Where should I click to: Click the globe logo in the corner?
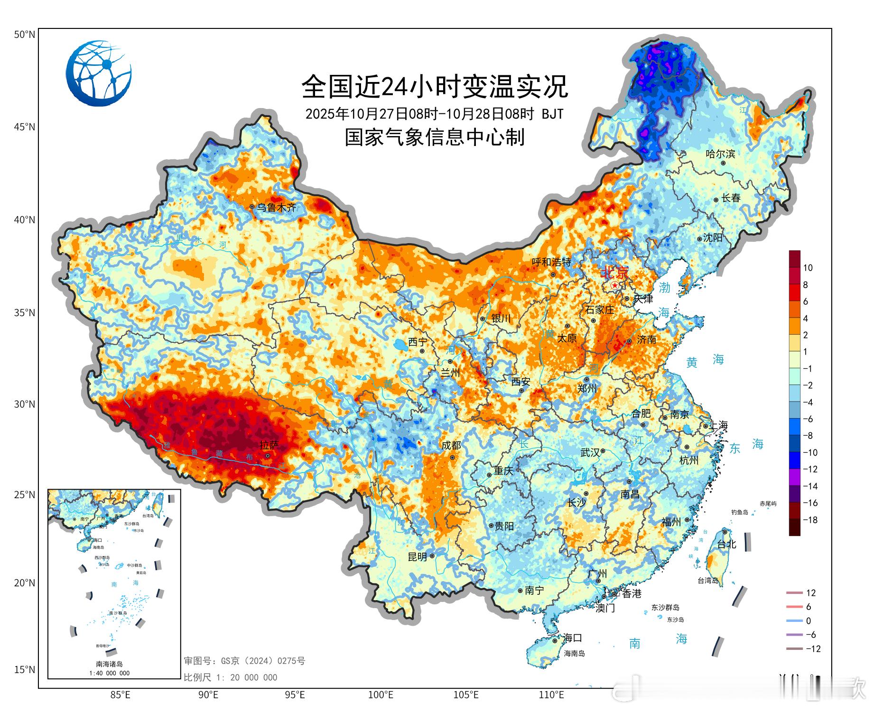tap(99, 73)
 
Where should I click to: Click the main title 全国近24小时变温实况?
tap(435, 87)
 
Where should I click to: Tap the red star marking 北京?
tap(615, 285)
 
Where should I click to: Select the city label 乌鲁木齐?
tap(276, 208)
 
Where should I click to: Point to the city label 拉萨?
tap(269, 445)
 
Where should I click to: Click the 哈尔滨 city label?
tap(720, 154)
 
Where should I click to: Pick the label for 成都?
tap(451, 446)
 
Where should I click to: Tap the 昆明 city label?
tap(418, 557)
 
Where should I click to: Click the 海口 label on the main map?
tap(572, 638)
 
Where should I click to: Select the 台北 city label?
tap(726, 544)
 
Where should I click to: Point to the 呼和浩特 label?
tap(551, 262)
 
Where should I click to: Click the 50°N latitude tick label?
tap(25, 35)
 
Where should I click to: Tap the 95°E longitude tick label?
tap(295, 695)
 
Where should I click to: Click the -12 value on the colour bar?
tap(810, 469)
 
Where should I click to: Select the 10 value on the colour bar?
tap(808, 268)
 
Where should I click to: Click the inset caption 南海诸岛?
tap(109, 664)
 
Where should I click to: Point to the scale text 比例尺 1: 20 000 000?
tap(231, 677)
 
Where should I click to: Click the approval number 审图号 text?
tap(244, 661)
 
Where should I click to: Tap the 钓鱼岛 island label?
tap(739, 512)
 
